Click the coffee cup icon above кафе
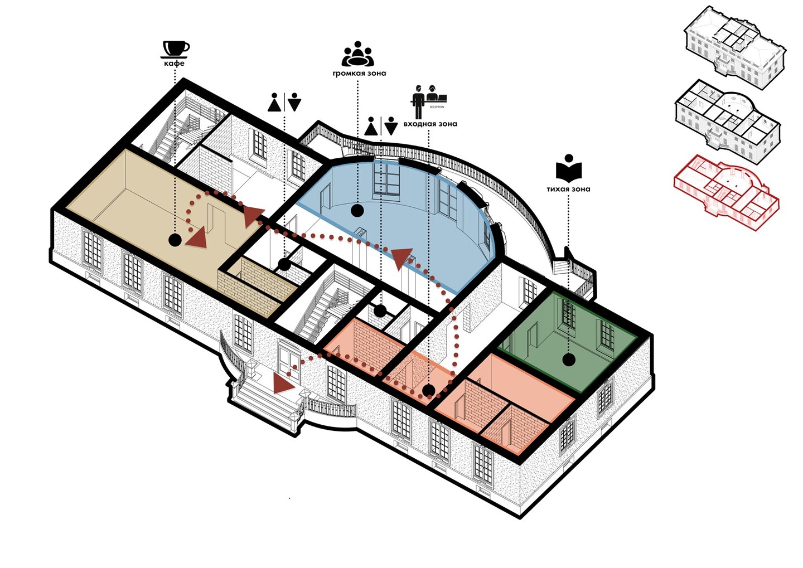[x=176, y=48]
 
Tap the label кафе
[x=174, y=64]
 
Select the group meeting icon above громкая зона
[x=357, y=54]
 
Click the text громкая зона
[x=359, y=73]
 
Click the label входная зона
[x=430, y=124]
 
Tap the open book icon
[x=568, y=168]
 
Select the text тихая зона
[x=568, y=189]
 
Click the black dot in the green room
[x=568, y=360]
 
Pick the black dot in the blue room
[x=357, y=210]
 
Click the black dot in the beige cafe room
[x=175, y=240]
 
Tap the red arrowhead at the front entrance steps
[x=283, y=384]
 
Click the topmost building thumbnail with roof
[x=734, y=45]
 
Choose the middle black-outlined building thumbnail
[x=727, y=120]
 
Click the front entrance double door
[x=289, y=361]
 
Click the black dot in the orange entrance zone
[x=428, y=390]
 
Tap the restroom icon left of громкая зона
[x=284, y=103]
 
